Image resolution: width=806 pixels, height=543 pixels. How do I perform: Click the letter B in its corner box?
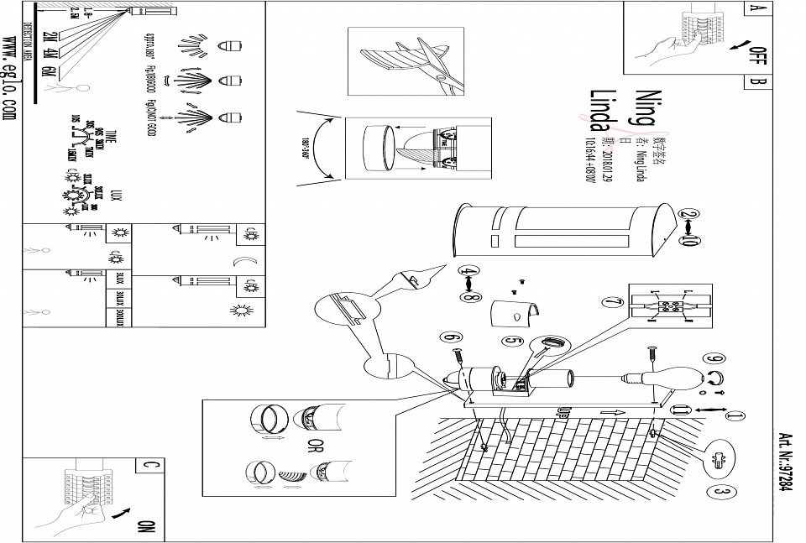[x=756, y=82]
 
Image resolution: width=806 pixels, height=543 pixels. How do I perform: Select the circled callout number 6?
[x=454, y=338]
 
